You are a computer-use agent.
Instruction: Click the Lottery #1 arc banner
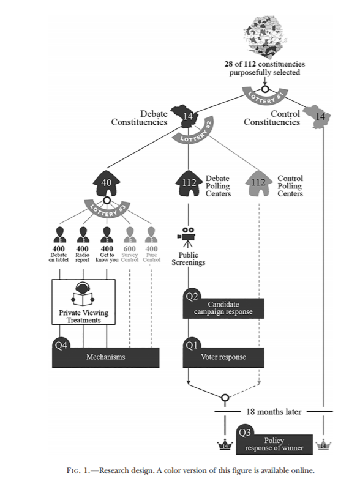pos(265,97)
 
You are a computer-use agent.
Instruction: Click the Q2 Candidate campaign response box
pos(223,308)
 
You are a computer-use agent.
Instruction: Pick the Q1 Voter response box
pos(223,357)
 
